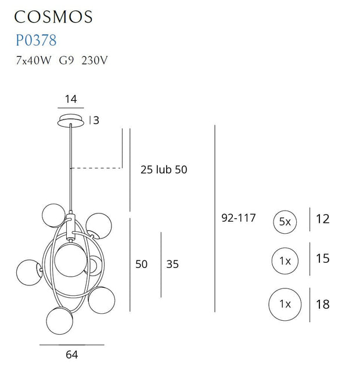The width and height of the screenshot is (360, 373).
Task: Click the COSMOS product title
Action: (55, 16)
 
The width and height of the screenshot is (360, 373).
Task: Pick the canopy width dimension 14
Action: (71, 99)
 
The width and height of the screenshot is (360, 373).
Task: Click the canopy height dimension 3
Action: (96, 121)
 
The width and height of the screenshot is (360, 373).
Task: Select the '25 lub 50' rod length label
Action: (164, 170)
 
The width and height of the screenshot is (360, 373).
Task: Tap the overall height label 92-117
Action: (239, 219)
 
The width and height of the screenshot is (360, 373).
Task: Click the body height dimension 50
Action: (141, 265)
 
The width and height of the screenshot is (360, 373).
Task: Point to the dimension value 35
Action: (172, 265)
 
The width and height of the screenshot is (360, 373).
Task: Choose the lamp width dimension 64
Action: (71, 354)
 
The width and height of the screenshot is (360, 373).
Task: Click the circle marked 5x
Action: (285, 221)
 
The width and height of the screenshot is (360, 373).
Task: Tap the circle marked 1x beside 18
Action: (285, 303)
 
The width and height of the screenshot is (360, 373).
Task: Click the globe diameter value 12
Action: (322, 219)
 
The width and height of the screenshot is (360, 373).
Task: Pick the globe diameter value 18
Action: (322, 304)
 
